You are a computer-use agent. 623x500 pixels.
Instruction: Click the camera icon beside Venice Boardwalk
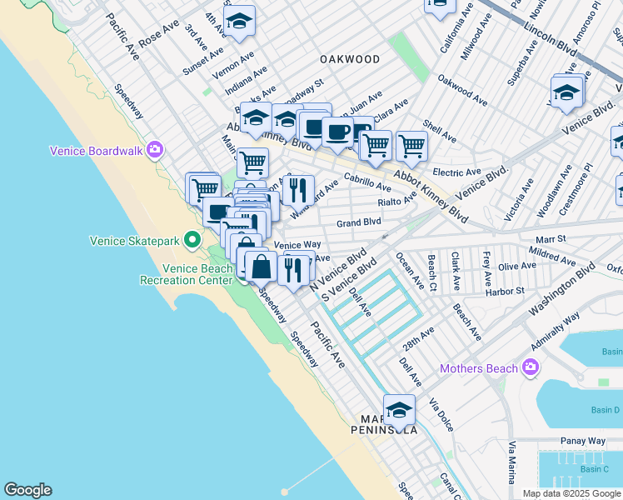154,151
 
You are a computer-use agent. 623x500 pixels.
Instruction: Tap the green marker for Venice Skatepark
192,241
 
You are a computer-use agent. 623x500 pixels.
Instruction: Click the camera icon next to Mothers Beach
531,367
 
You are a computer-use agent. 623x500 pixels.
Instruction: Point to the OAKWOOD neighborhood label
350,59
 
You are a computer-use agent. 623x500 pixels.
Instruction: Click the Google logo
27,490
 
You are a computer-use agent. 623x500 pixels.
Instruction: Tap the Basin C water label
594,469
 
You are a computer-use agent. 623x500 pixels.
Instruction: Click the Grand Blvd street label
359,222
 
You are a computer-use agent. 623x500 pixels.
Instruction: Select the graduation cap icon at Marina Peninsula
400,409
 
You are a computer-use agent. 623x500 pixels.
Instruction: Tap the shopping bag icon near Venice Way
262,267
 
